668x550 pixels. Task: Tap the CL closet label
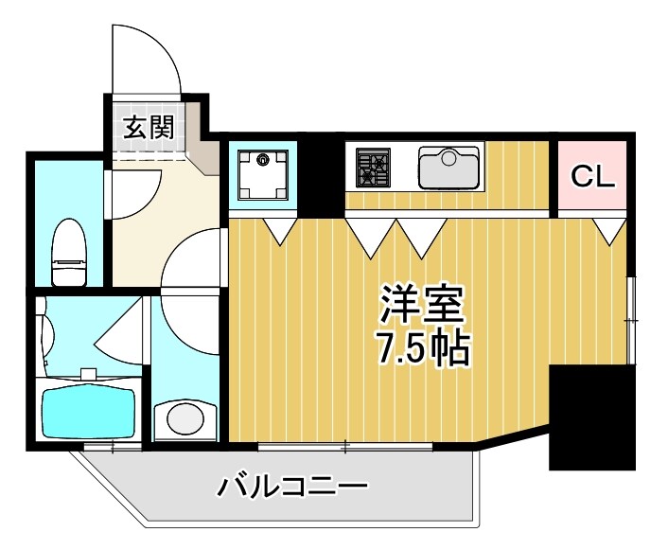coord(592,175)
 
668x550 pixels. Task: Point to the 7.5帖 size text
coord(423,349)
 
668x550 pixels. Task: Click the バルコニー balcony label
coord(292,488)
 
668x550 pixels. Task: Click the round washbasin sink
coord(185,417)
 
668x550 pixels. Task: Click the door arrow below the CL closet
coord(610,230)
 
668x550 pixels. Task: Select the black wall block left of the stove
coord(322,176)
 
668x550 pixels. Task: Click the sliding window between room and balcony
coord(345,445)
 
